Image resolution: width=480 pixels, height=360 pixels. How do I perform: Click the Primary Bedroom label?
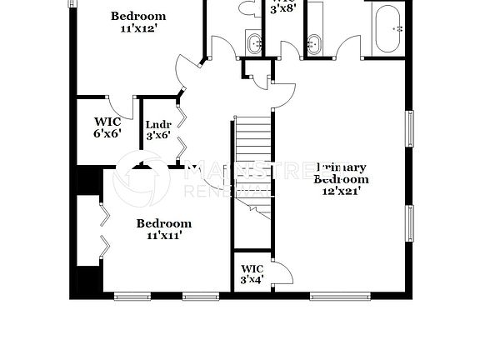coord(340,172)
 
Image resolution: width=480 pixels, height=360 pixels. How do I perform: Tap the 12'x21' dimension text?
coord(340,191)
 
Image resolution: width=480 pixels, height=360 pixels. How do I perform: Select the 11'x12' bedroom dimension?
coord(138,28)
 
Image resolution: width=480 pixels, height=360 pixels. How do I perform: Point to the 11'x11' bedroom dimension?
coord(164,235)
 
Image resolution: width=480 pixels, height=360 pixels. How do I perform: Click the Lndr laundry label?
coord(158,127)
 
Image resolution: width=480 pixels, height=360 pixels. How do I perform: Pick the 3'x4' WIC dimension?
coord(252,279)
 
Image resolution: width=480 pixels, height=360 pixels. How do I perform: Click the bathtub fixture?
coord(387,30)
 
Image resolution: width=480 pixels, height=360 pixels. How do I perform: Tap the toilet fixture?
coord(249,9)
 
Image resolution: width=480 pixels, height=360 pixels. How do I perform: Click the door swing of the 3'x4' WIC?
coord(281,272)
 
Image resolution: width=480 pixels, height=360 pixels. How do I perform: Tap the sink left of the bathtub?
coord(315,42)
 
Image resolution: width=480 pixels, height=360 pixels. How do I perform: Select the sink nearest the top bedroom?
coord(253,42)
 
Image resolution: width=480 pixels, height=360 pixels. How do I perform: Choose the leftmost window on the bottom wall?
coord(131,295)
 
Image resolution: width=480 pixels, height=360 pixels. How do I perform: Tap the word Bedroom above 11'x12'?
coord(138,16)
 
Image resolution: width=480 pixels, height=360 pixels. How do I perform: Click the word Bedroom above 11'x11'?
coord(164,222)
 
